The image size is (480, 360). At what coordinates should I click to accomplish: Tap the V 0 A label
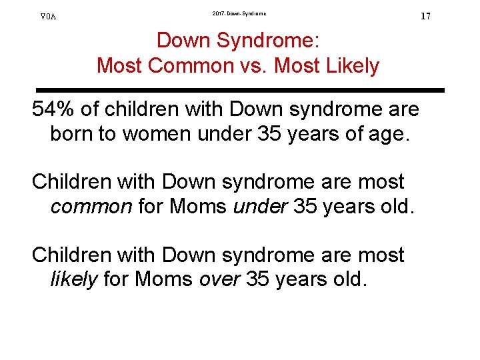[x=49, y=17]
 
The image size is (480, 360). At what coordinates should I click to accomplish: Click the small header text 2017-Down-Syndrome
[x=239, y=13]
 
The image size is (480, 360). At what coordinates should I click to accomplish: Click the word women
[x=155, y=133]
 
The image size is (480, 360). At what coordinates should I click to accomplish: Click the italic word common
[x=91, y=207]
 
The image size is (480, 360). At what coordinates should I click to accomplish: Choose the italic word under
[x=257, y=207]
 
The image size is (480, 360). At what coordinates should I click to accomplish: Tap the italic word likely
[x=73, y=279]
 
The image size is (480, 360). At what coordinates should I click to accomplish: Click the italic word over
[x=219, y=279]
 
